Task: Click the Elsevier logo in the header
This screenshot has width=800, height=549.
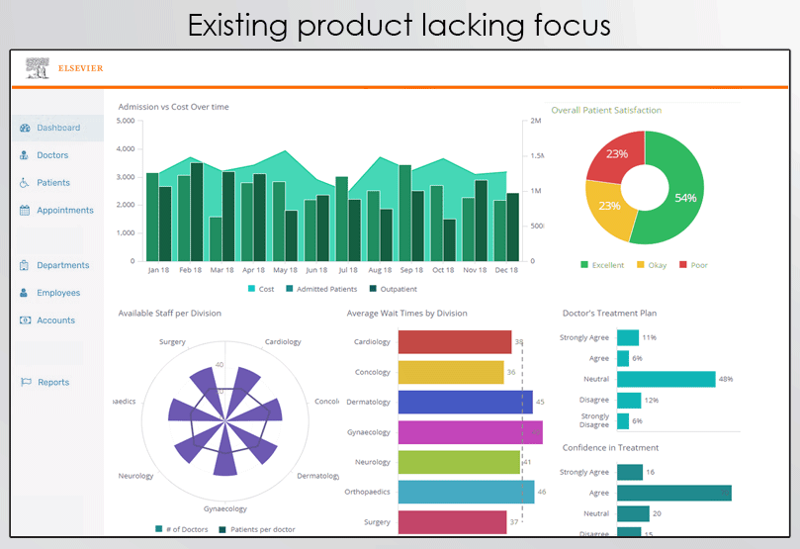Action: point(64,68)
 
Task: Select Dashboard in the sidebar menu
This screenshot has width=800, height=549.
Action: point(58,128)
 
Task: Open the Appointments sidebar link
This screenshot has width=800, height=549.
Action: point(65,211)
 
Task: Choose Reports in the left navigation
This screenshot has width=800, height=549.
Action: point(53,383)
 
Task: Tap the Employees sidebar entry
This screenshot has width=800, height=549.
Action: point(58,293)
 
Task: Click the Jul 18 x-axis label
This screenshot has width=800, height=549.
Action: point(348,270)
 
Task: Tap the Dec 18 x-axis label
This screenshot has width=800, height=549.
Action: point(506,270)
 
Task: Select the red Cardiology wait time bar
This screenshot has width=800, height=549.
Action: point(454,342)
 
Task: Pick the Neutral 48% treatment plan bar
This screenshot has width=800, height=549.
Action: point(666,379)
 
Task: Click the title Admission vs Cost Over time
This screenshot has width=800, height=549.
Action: point(173,107)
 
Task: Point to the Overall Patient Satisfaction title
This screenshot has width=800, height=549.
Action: point(606,111)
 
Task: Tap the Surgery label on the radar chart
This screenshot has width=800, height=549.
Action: point(172,342)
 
